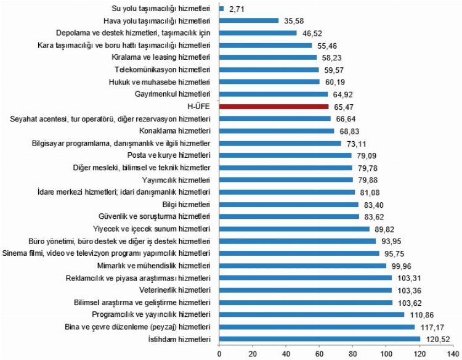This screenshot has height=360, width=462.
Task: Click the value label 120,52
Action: pos(437,338)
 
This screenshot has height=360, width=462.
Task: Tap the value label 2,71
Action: pos(238,9)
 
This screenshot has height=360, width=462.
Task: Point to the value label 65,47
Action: pos(346,107)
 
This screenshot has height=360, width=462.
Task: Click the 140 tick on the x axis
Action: pos(454,353)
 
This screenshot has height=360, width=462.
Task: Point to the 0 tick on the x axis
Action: pos(219,353)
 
